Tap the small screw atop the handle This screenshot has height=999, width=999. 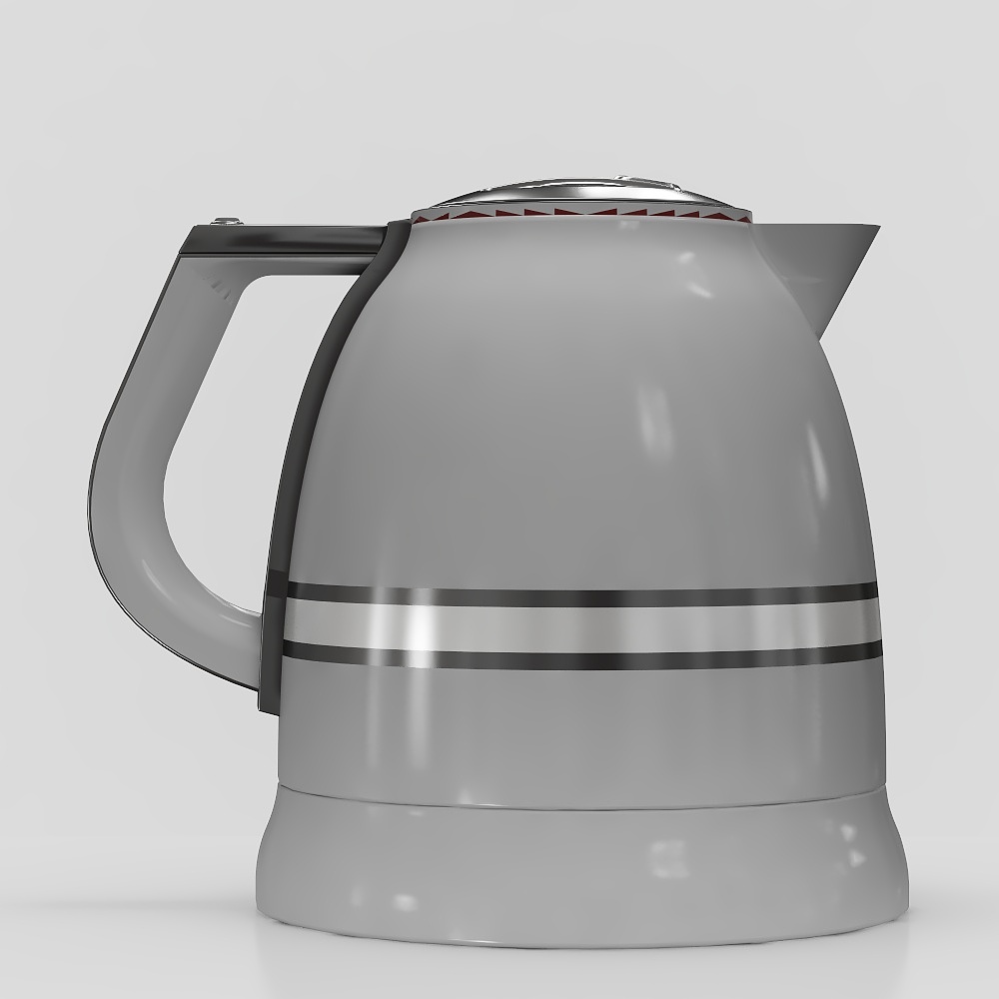[226, 222]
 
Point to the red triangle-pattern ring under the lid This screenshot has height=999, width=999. [579, 213]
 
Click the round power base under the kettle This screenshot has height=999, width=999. [579, 869]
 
